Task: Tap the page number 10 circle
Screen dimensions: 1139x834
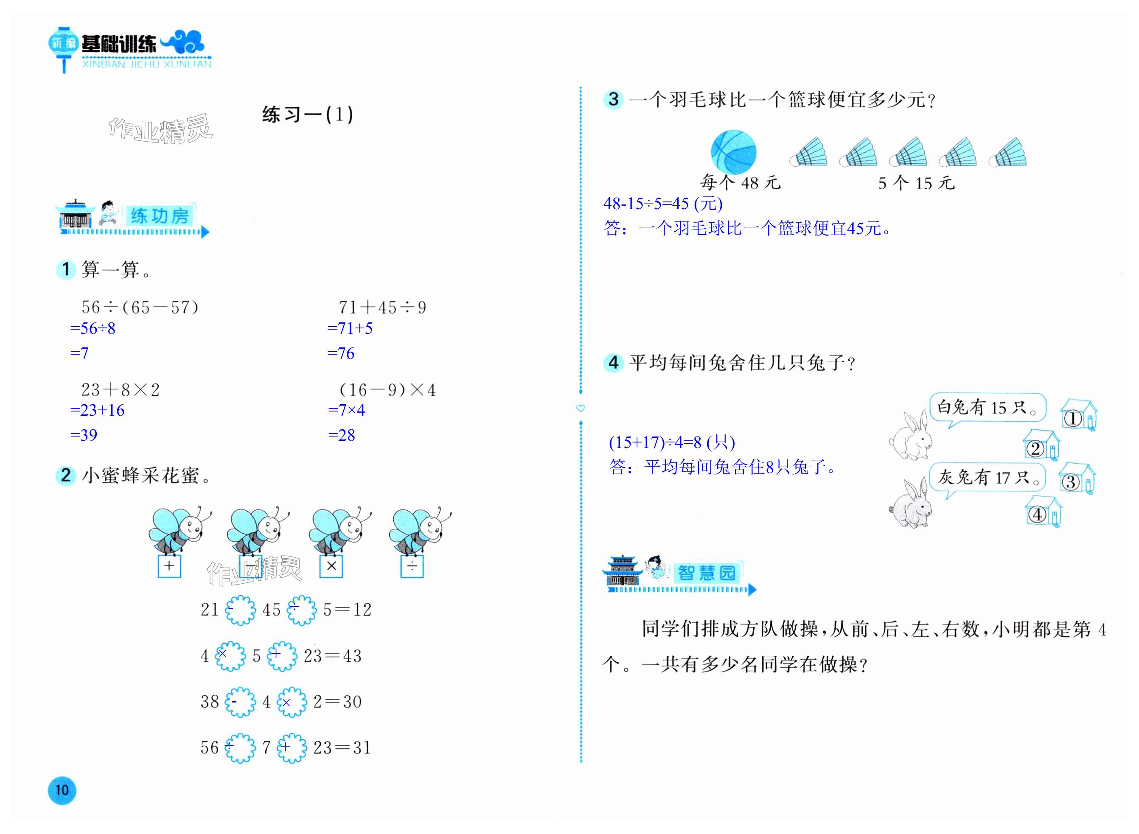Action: click(62, 790)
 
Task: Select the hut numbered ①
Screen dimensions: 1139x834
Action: click(1078, 415)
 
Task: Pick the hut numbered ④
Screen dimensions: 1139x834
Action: click(1043, 512)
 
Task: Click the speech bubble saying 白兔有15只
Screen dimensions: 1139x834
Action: click(987, 407)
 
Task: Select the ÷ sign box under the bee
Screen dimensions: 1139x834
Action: click(412, 566)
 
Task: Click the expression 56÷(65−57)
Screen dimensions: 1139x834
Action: click(140, 307)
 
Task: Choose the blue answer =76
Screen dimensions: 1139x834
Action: click(341, 353)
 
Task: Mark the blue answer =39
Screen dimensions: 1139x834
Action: click(84, 435)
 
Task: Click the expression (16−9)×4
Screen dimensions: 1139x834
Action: click(387, 390)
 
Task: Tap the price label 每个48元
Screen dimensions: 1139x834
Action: click(740, 183)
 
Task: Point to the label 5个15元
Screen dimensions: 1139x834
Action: click(916, 183)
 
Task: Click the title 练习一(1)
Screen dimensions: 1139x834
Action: click(308, 115)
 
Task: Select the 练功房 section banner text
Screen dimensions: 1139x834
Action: click(159, 216)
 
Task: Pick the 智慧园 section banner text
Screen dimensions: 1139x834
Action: click(706, 573)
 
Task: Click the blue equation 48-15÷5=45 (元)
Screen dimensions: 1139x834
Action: click(663, 204)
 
